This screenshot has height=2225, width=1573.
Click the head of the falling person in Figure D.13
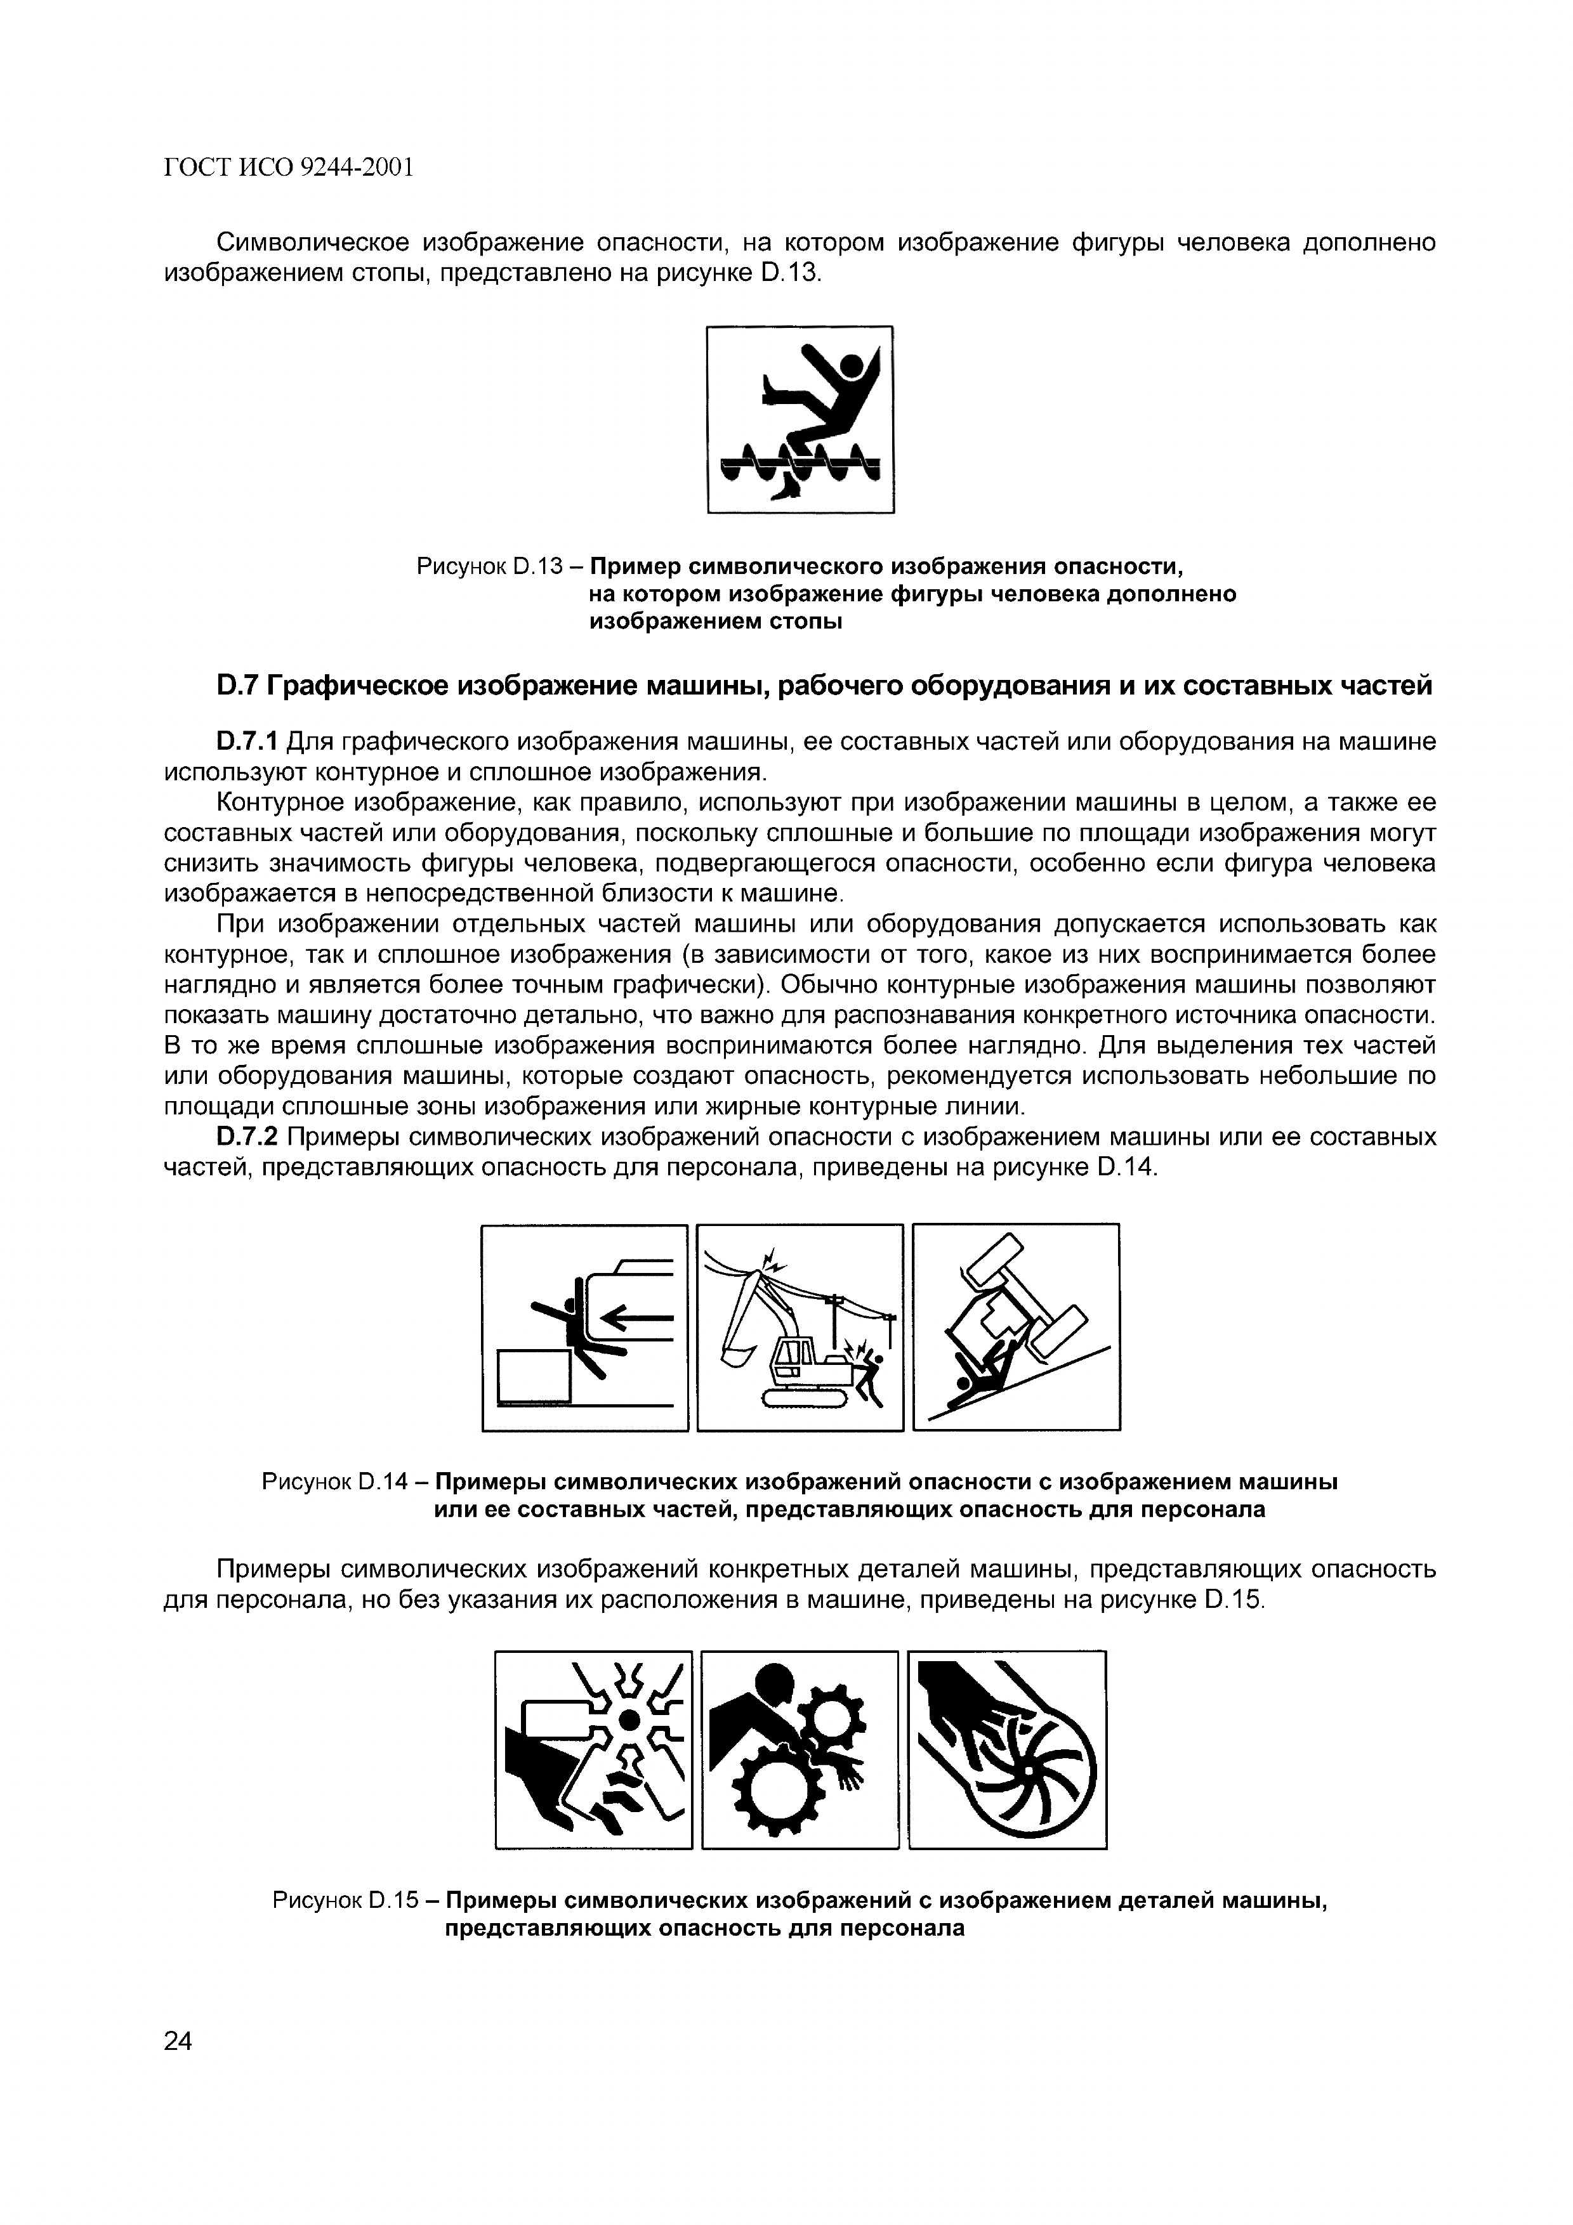click(x=851, y=367)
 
